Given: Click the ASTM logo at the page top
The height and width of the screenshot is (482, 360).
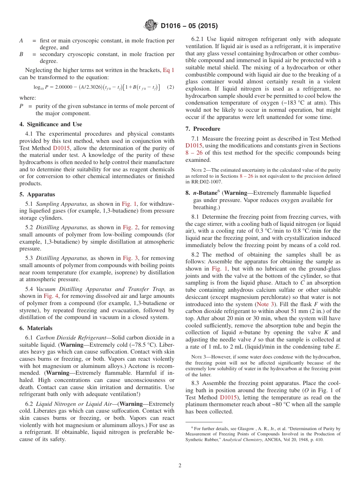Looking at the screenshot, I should (151, 26).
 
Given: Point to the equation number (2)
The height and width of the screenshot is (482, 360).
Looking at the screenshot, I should (171, 87).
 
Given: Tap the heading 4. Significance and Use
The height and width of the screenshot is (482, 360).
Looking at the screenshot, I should (51, 124).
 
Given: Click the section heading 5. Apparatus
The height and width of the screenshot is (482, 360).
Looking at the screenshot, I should (37, 194).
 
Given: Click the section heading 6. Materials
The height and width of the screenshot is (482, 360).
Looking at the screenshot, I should (36, 328).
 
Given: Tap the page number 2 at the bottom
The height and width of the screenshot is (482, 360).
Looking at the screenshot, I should (180, 466).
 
